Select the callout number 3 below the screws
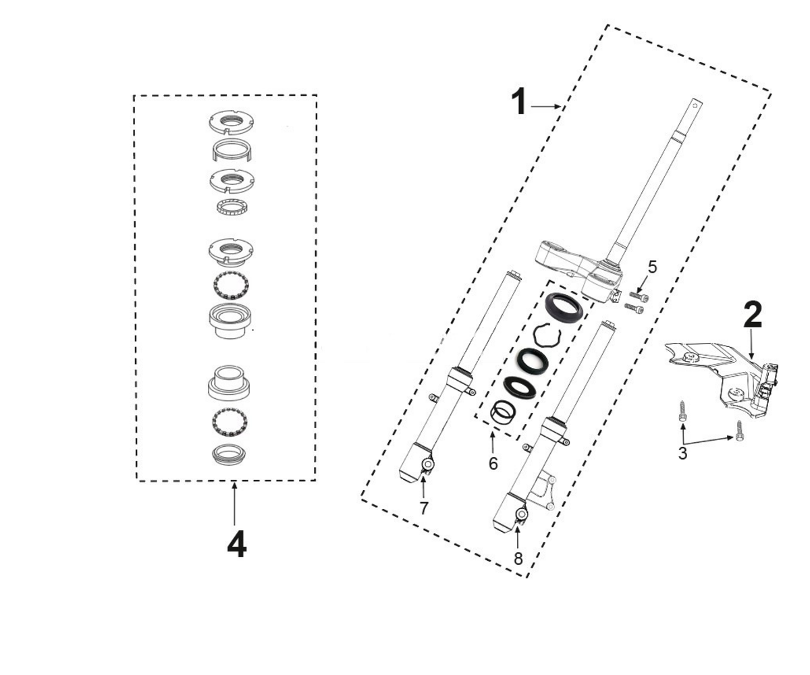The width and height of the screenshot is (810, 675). [682, 453]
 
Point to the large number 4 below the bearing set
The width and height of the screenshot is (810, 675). [237, 543]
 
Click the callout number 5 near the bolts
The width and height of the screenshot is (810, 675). [653, 267]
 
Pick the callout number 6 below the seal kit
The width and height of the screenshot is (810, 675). [493, 464]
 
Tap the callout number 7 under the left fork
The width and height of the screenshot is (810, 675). [424, 508]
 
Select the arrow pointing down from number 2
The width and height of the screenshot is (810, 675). [752, 343]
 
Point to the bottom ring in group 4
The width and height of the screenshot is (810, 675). [230, 454]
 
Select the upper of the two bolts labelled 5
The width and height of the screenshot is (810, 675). [639, 297]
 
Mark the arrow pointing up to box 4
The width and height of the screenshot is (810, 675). [234, 503]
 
